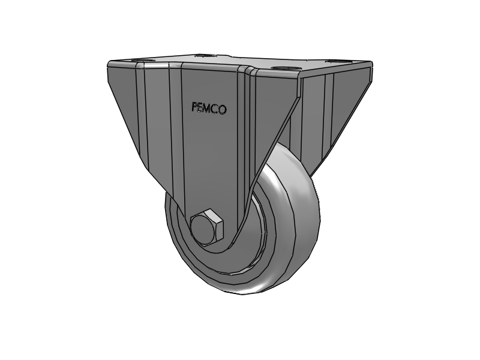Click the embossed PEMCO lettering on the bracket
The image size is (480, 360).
[209, 108]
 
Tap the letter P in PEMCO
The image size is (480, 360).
[194, 107]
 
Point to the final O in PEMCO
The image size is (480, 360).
[223, 110]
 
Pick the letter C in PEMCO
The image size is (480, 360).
[216, 109]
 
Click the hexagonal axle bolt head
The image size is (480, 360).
[207, 227]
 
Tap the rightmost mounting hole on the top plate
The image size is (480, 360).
[330, 61]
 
